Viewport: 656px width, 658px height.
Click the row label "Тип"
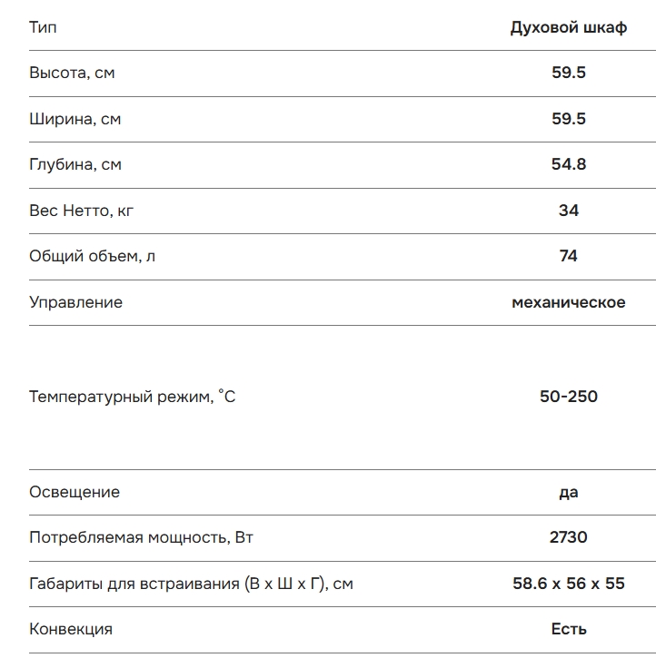tap(43, 27)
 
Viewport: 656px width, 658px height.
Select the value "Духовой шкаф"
tap(569, 27)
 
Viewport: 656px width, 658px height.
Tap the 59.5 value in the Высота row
tap(569, 73)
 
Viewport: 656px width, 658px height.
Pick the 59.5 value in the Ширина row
tap(569, 119)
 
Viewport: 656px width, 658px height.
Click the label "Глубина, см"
tap(75, 164)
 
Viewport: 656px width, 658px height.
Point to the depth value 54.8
tap(569, 164)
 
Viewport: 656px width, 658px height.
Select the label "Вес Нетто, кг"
tap(82, 211)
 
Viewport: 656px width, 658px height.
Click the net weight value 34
tap(569, 211)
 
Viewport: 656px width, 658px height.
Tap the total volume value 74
tap(569, 256)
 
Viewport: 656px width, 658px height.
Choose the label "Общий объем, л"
tap(92, 256)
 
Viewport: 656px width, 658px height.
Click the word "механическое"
tap(569, 302)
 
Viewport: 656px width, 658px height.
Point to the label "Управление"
tap(75, 302)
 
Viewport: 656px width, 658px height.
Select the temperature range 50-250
tap(569, 397)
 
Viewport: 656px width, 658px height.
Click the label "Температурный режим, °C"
tap(132, 397)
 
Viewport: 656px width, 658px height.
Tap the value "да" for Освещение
tap(569, 492)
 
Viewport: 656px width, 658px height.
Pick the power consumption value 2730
tap(569, 537)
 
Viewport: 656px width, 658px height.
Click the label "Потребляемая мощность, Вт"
tap(141, 537)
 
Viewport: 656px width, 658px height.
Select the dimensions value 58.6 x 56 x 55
tap(569, 584)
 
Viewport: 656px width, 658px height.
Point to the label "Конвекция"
tap(71, 629)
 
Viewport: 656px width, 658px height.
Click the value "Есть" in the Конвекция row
tap(569, 629)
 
